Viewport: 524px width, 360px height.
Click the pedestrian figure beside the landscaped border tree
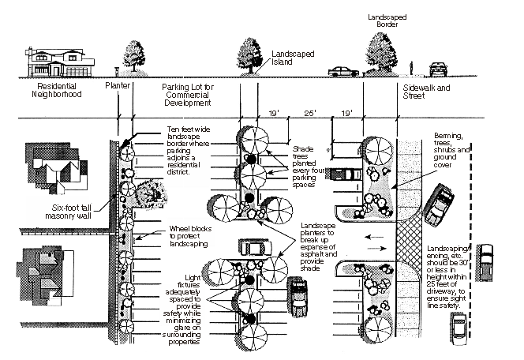click(414, 66)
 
